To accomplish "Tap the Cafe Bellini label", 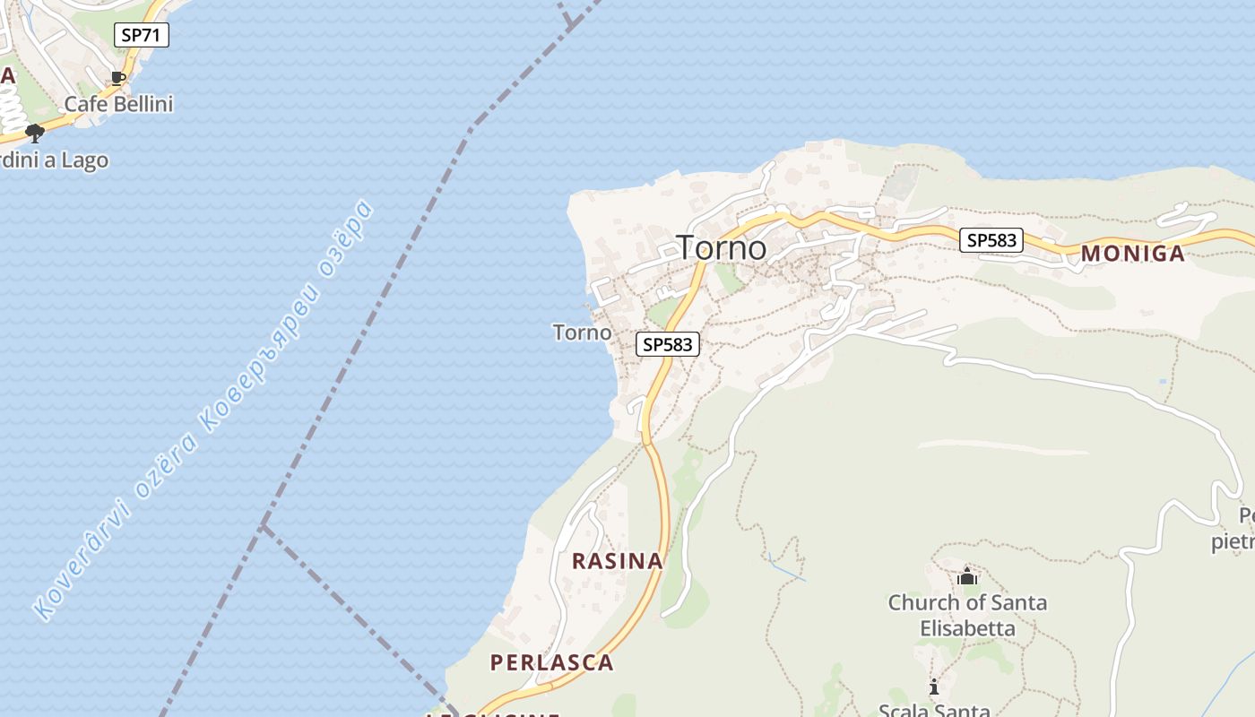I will coord(118,104).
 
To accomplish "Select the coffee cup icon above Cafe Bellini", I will coord(118,78).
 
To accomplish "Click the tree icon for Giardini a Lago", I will coord(35,134).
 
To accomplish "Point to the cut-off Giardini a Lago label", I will coord(55,160).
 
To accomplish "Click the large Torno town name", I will coord(722,247).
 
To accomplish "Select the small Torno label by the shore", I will coord(582,333).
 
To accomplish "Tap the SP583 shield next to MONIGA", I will coord(991,240).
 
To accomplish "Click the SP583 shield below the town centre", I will coord(668,344).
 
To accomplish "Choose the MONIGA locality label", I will coord(1132,254).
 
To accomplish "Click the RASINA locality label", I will coord(618,561).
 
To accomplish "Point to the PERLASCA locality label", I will coord(551,663).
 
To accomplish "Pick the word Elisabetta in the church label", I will coord(967,628).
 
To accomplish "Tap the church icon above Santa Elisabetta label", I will coord(966,576).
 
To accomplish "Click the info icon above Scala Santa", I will coord(934,687).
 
